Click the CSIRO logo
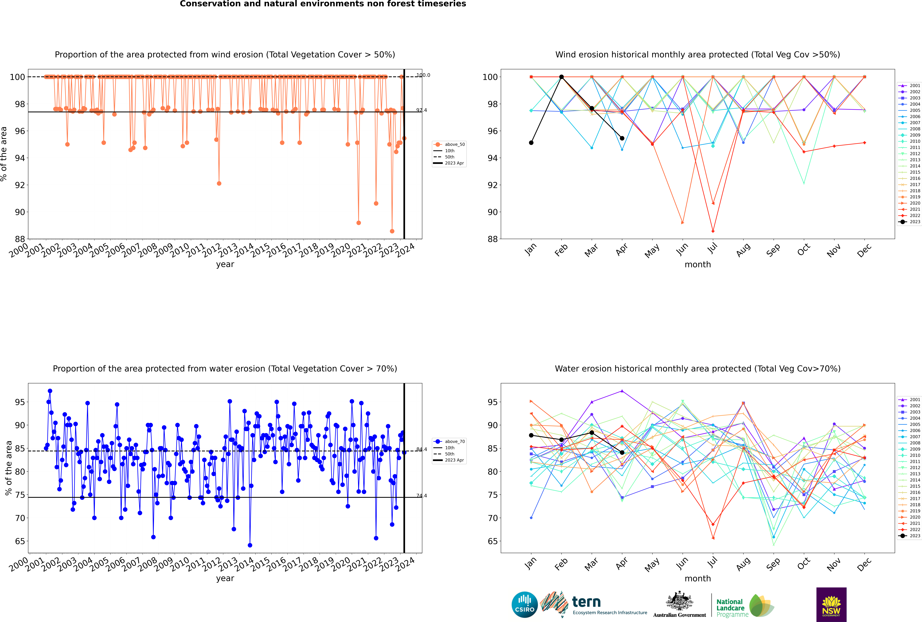pyautogui.click(x=524, y=605)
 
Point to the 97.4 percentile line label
pyautogui.click(x=421, y=110)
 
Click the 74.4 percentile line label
pyautogui.click(x=421, y=496)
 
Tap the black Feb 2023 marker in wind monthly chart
pyautogui.click(x=561, y=77)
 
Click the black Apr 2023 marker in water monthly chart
pyautogui.click(x=622, y=453)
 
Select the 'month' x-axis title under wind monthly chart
pyautogui.click(x=698, y=265)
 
